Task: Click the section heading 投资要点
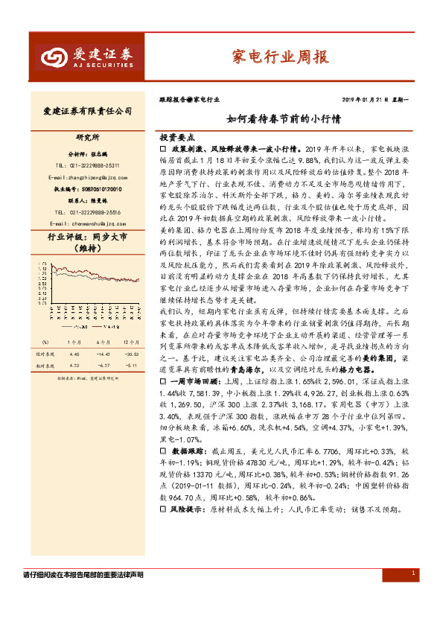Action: click(x=176, y=139)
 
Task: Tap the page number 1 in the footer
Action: click(x=413, y=573)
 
